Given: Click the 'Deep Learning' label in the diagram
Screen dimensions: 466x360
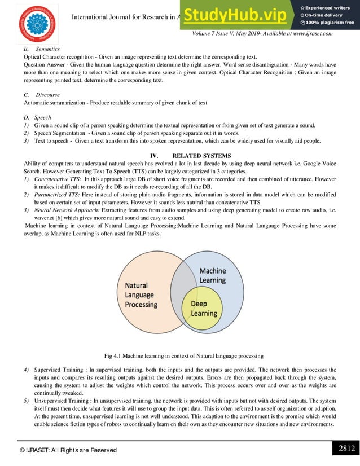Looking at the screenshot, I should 204,309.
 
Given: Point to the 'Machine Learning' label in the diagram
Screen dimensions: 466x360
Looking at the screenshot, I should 212,275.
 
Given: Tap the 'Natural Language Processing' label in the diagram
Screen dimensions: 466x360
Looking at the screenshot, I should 141,295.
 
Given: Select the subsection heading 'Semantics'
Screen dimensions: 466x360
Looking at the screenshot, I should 48,50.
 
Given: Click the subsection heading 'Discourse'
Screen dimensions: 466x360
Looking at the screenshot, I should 47,95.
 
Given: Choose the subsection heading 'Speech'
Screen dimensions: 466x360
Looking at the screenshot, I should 44,117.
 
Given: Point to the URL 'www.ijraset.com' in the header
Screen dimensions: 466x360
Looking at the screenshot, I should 309,33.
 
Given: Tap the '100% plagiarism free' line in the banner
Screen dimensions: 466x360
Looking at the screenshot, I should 330,23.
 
